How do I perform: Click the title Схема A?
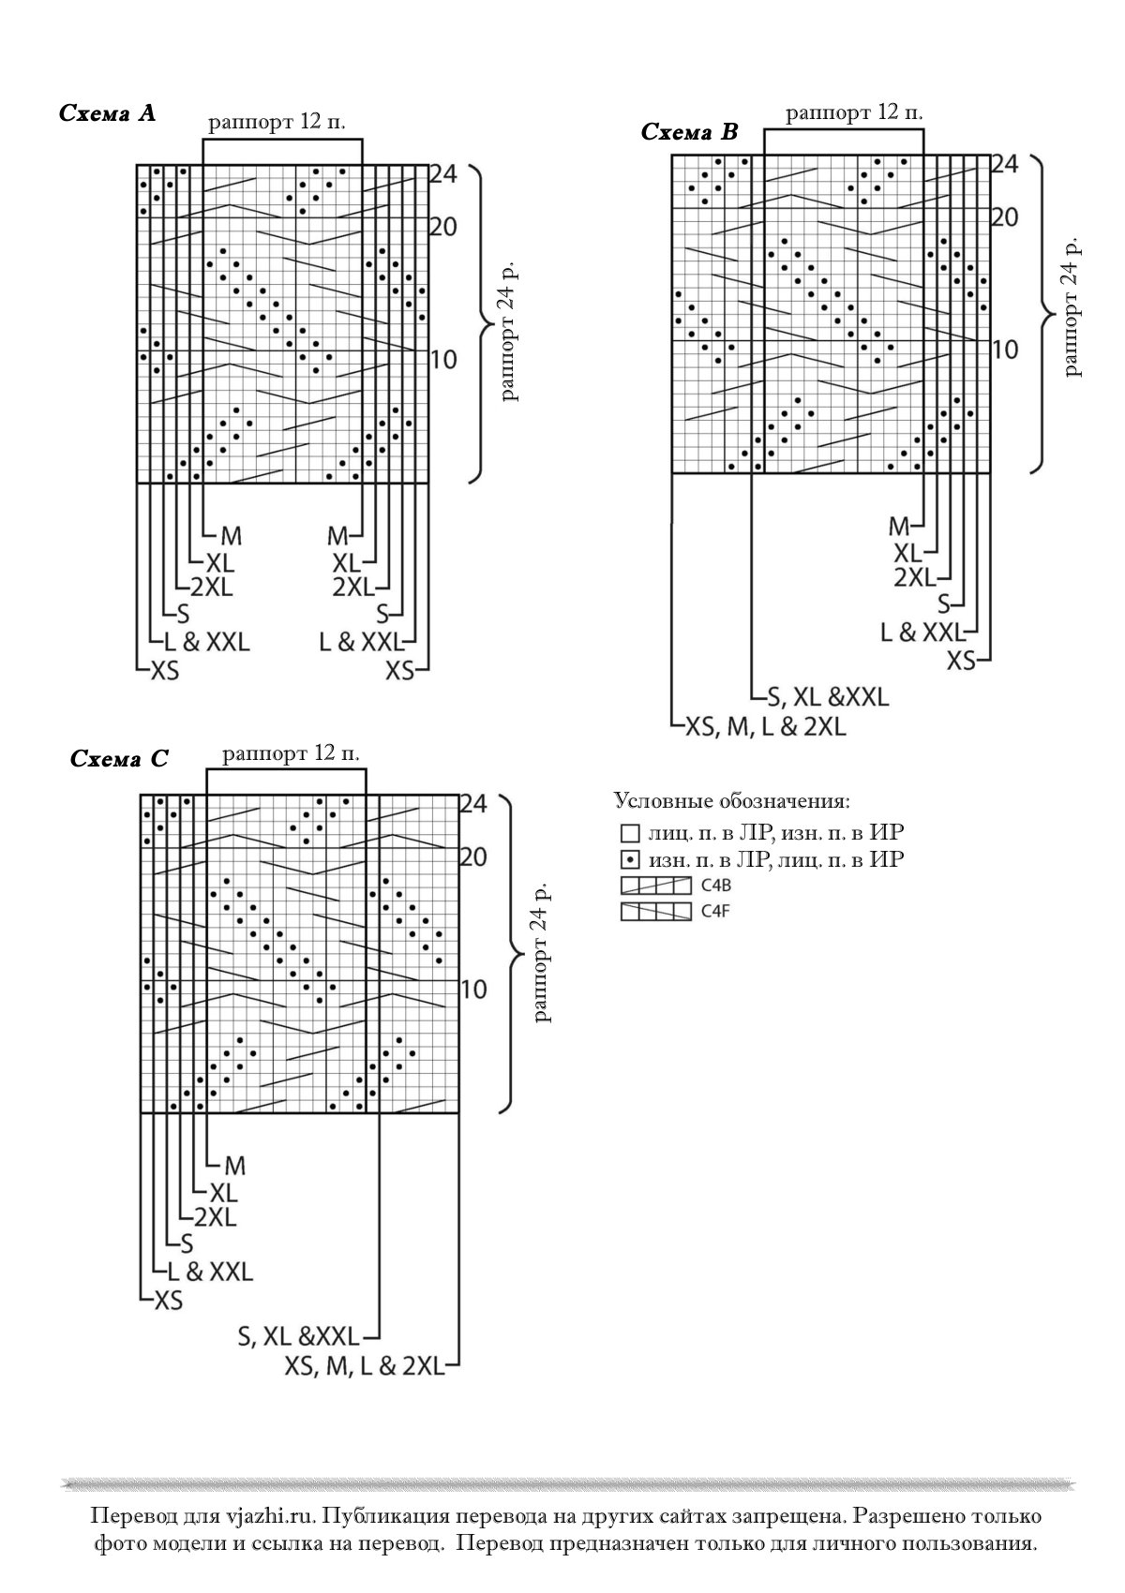[x=107, y=113]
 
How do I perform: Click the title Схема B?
[x=689, y=131]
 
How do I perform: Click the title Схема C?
[x=119, y=759]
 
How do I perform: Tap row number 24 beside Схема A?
[x=442, y=173]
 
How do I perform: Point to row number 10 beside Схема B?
[x=1004, y=350]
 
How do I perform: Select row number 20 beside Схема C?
[x=473, y=857]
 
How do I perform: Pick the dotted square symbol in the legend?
[x=630, y=860]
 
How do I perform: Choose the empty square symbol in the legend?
[x=630, y=833]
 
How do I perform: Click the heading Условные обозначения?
[x=731, y=801]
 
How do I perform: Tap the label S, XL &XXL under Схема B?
[x=828, y=697]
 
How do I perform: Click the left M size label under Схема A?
[x=232, y=535]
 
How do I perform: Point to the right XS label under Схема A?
[x=399, y=670]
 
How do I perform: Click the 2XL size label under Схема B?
[x=914, y=578]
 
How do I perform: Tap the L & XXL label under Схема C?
[x=210, y=1271]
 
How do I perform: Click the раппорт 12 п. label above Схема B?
[x=854, y=112]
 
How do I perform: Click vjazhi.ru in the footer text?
[x=270, y=1516]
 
